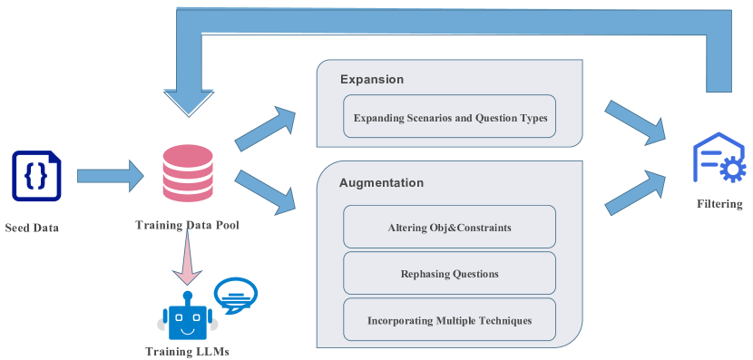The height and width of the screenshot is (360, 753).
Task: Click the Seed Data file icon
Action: [x=36, y=176]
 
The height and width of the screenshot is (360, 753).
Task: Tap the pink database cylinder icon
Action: [x=187, y=173]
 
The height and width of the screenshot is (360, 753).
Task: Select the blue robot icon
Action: [x=187, y=318]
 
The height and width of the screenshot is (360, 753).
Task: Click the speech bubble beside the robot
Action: [x=235, y=295]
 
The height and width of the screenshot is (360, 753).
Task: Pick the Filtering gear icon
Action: [x=719, y=161]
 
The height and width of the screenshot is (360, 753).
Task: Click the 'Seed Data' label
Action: [x=32, y=228]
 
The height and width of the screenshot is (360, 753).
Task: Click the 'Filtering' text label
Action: [x=719, y=204]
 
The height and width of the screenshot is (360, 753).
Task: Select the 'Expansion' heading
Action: [x=372, y=80]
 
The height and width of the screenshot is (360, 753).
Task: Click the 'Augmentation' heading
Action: [x=381, y=182]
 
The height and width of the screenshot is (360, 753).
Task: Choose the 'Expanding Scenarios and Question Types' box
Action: [x=449, y=117]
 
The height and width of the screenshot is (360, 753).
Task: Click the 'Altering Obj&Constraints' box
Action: [x=449, y=227]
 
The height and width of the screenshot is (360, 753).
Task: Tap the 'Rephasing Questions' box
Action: [x=449, y=273]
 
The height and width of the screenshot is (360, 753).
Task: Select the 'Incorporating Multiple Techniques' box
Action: [x=449, y=320]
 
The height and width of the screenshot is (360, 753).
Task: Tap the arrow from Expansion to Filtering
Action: [x=635, y=121]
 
